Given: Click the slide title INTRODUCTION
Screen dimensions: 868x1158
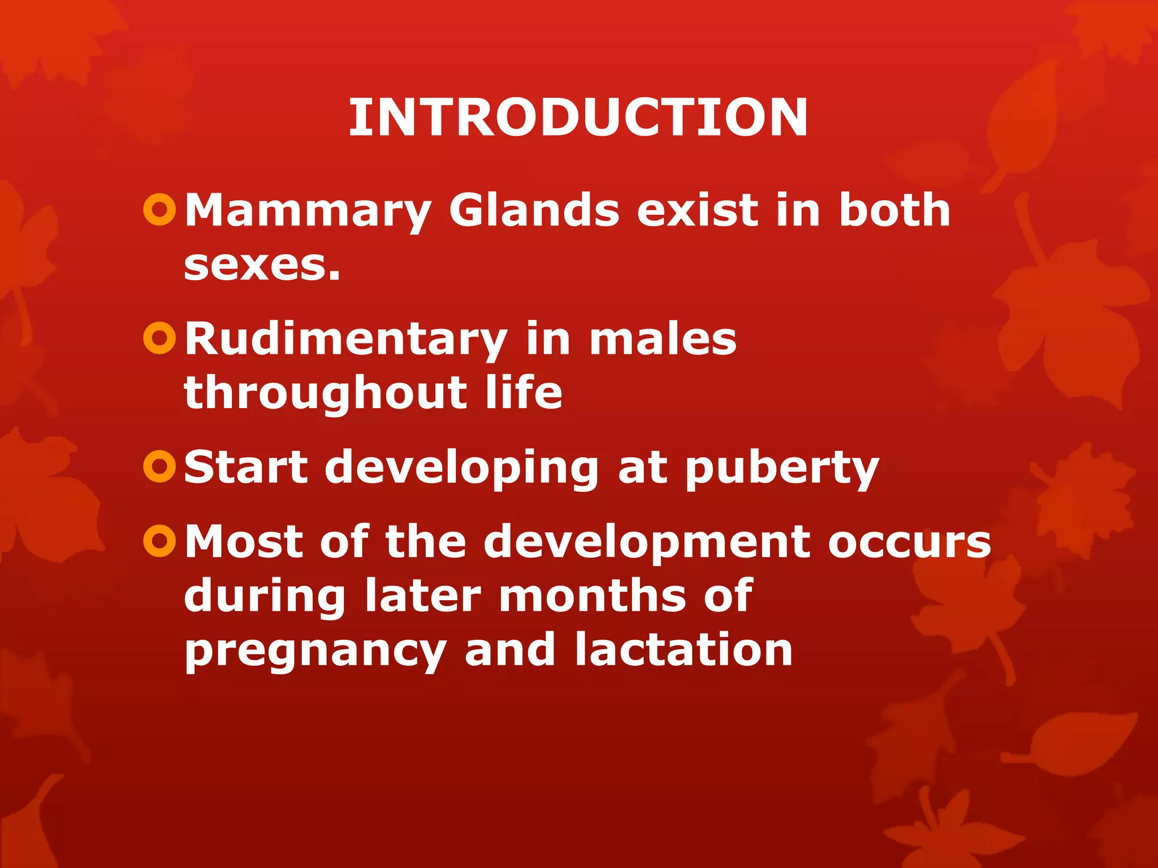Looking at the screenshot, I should [578, 118].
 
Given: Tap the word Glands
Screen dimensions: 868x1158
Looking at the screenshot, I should [534, 210].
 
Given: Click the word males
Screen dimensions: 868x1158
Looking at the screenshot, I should [663, 339].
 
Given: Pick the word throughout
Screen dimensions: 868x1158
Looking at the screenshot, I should [325, 394].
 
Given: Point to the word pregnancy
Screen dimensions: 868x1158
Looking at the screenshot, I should [316, 652].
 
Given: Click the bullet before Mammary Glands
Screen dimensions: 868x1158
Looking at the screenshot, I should [160, 210].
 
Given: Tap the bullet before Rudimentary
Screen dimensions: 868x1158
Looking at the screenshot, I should [160, 338].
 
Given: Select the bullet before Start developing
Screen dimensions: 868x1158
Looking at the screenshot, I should [160, 467].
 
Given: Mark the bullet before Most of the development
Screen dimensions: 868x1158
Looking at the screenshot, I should [160, 541].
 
